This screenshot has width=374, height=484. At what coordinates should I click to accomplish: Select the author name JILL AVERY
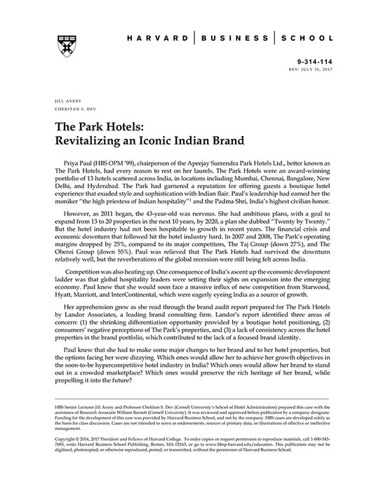58,101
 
